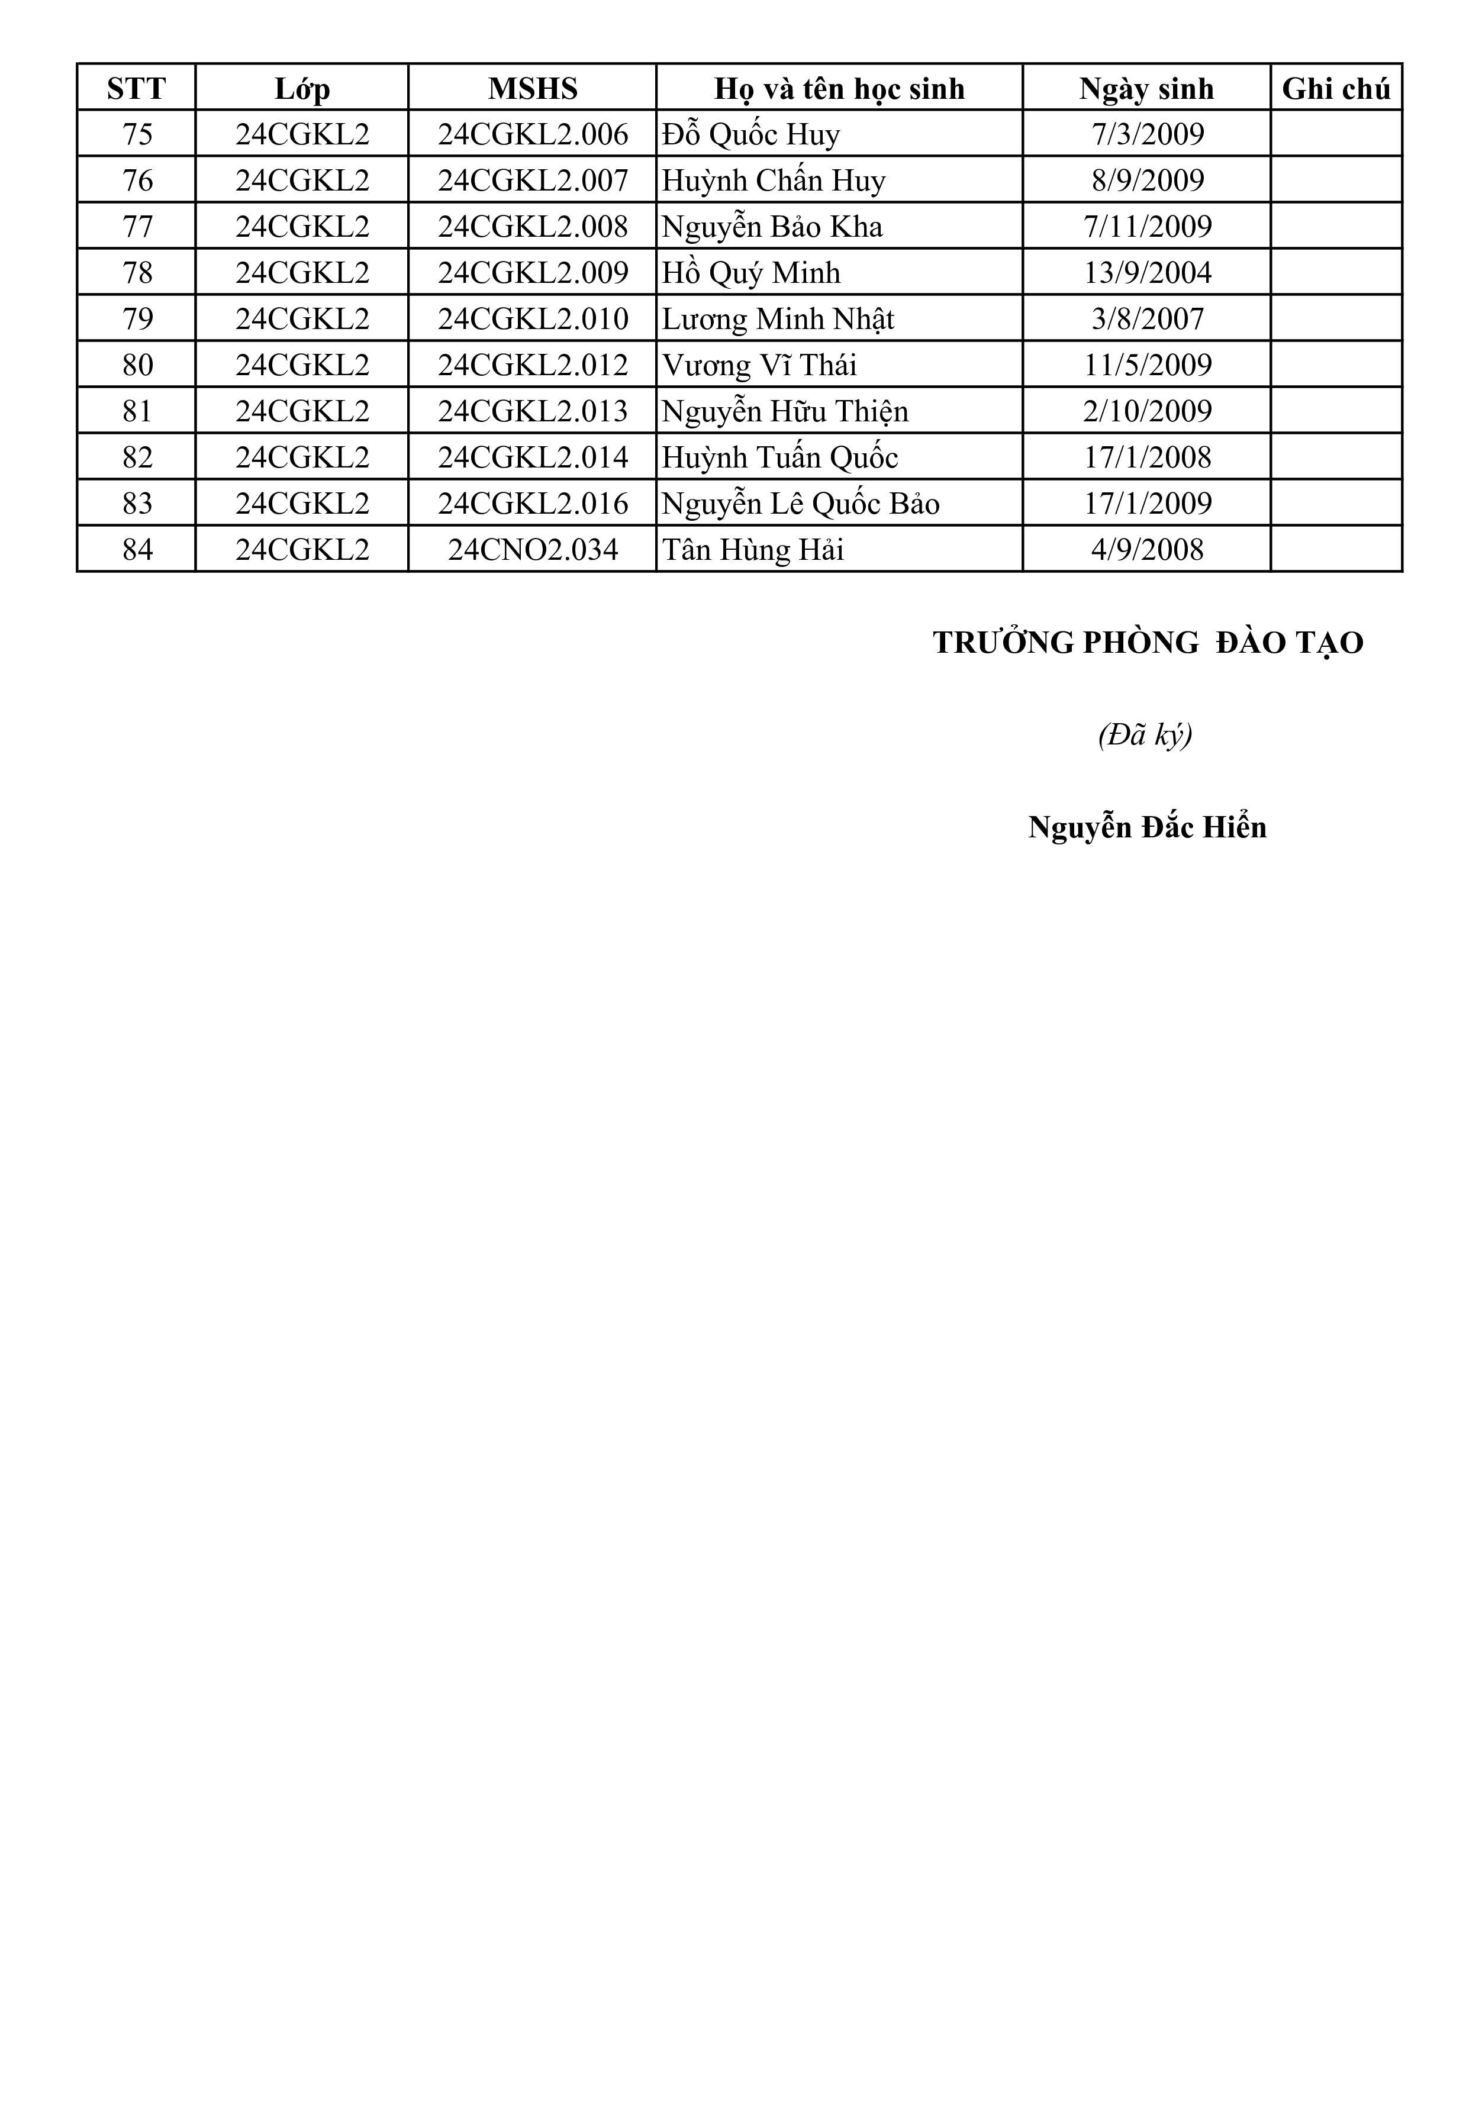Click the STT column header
(x=137, y=89)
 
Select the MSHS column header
(x=533, y=89)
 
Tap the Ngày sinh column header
(x=1147, y=89)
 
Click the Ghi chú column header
(x=1335, y=89)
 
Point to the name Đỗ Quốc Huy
(x=751, y=135)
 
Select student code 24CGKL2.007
(x=533, y=181)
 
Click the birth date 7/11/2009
(x=1147, y=227)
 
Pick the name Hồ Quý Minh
(x=751, y=273)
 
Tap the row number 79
(x=137, y=319)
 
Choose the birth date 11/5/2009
(x=1147, y=365)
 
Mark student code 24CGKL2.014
(x=533, y=457)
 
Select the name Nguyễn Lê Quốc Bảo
(x=801, y=504)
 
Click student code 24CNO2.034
(x=533, y=550)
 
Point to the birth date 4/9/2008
(x=1147, y=550)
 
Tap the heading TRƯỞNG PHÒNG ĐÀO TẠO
(x=1147, y=643)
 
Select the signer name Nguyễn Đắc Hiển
(x=1147, y=827)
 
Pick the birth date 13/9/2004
(x=1147, y=273)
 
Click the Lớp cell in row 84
(x=302, y=550)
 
